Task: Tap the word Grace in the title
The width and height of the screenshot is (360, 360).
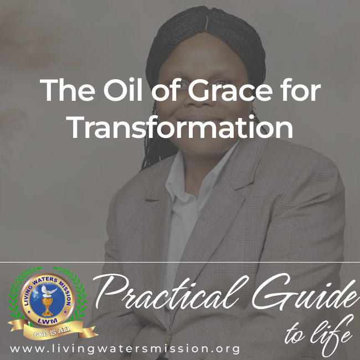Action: click(230, 90)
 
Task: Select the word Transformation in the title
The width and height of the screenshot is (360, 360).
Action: click(181, 127)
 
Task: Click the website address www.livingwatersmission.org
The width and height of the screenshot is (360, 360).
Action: click(125, 348)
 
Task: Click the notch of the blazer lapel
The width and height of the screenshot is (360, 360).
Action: click(152, 199)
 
